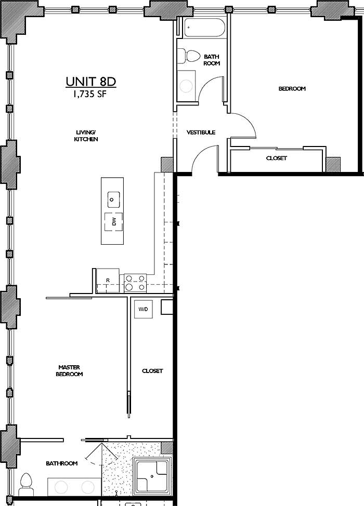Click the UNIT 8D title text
click(90, 82)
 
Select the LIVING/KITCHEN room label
click(86, 136)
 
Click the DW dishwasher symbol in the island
click(114, 222)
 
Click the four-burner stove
click(135, 283)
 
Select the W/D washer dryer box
click(143, 310)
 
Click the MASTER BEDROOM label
click(70, 371)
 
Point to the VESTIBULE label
click(201, 132)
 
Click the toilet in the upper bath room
click(189, 56)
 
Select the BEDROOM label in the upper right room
click(292, 89)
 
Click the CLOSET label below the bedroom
click(276, 158)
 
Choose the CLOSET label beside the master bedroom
click(152, 371)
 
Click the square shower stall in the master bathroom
click(152, 475)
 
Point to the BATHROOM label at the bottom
click(61, 463)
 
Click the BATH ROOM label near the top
click(212, 60)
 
